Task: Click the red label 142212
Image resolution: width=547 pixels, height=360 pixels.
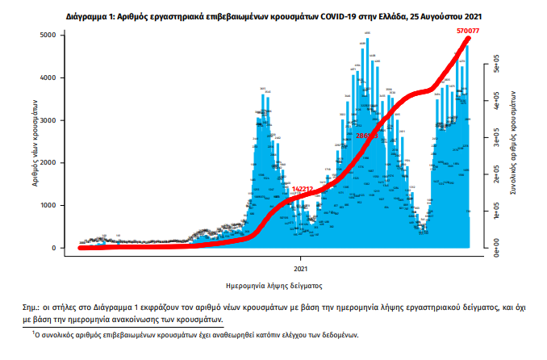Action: click(x=304, y=190)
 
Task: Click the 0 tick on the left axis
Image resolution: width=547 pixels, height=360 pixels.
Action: click(x=53, y=248)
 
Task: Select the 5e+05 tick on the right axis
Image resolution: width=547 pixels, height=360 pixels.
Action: click(x=486, y=66)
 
